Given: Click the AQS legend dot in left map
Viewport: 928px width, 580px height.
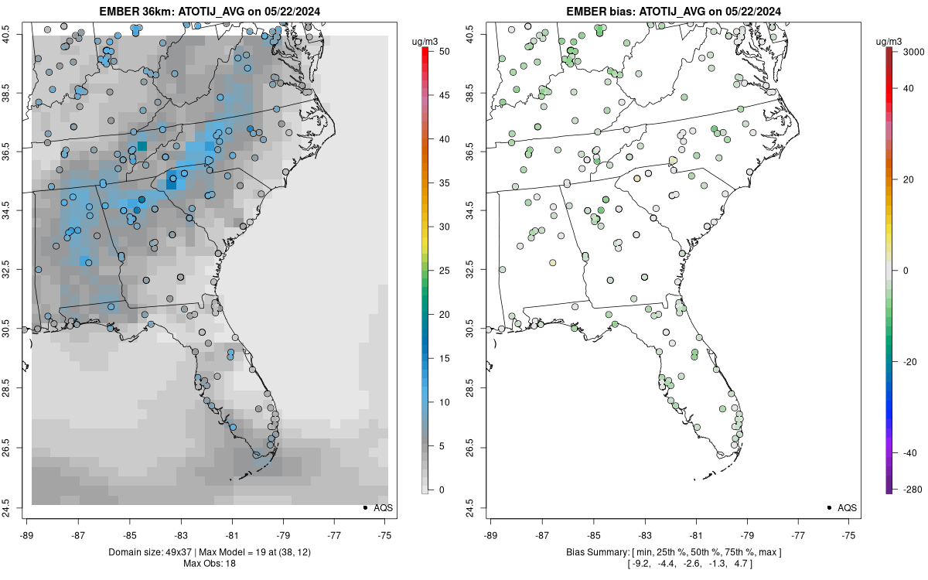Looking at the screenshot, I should pos(364,507).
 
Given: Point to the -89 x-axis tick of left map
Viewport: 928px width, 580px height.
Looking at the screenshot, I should pos(27,534).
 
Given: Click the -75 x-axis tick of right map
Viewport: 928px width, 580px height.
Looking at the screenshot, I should pos(849,534).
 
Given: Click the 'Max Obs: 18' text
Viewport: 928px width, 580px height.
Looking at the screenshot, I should pos(210,563).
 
